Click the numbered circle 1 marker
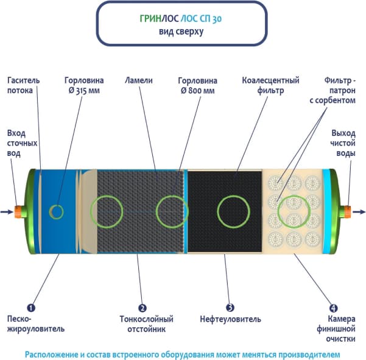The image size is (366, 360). coord(31,308)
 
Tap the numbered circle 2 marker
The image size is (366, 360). coord(143,308)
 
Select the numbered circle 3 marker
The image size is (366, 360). coord(230,308)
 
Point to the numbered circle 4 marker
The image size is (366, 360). coord(333,308)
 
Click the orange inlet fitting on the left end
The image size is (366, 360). coord(18,212)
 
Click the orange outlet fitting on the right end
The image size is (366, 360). coord(348,211)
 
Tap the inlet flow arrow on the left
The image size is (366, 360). coord(7,212)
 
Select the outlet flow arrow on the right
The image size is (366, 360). coord(359,212)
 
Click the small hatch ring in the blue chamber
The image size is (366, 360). coord(56,212)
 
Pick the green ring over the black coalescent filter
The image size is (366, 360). coord(234,211)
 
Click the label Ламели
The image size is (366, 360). coord(139,80)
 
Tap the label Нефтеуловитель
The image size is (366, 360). coord(230,319)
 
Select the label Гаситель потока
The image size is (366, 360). coord(23,85)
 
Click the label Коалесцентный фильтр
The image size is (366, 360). coord(270,85)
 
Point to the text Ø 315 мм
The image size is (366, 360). coord(84,91)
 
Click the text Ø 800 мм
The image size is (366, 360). coord(197,91)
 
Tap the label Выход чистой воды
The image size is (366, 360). coord(343,143)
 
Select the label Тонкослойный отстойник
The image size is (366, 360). coord(146,324)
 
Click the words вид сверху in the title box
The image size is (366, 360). coord(181,32)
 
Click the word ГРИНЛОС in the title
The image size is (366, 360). coord(160,18)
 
